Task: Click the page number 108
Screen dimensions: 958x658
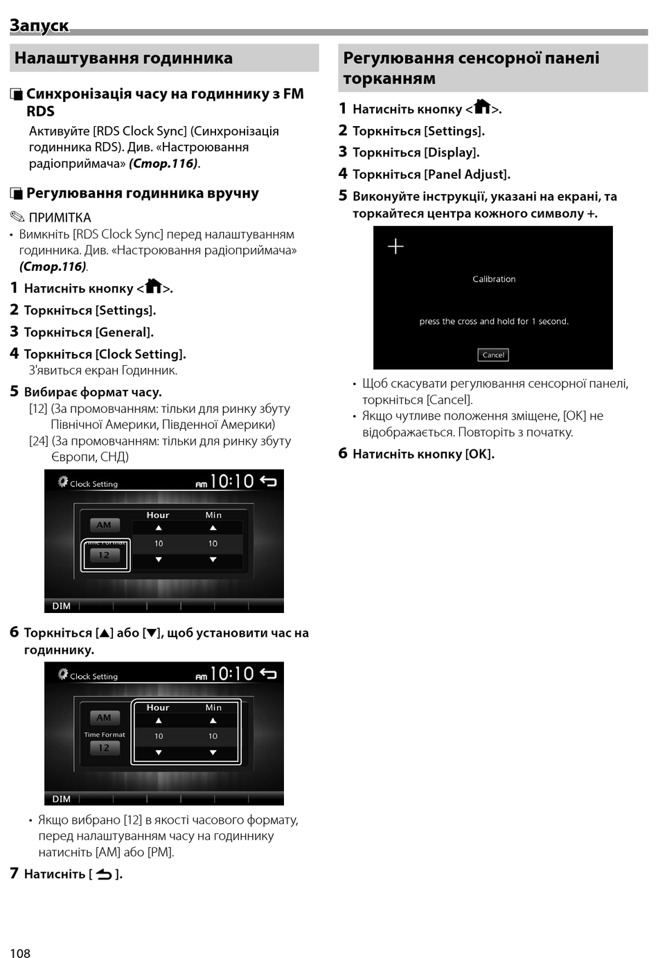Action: [x=20, y=953]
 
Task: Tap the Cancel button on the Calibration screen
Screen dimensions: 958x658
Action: [x=493, y=355]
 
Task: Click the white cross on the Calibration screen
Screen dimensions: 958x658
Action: [x=395, y=246]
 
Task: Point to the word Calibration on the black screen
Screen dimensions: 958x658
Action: [x=494, y=279]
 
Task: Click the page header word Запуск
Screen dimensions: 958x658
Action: [x=39, y=26]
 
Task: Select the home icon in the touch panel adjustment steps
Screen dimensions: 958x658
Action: [x=482, y=107]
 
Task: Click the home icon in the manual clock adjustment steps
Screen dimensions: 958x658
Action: [x=153, y=286]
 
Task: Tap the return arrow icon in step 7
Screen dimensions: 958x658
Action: [x=104, y=874]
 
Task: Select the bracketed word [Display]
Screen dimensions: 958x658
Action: [x=452, y=152]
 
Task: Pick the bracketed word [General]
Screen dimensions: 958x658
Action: [x=125, y=332]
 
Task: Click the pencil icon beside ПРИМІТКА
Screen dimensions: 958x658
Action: [x=17, y=217]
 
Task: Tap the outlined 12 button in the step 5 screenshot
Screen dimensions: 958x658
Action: [x=105, y=556]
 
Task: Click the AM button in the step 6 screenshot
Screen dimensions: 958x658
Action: [x=104, y=718]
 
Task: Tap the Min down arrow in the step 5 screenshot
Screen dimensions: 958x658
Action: [x=213, y=560]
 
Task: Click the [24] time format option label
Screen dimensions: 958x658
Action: [x=38, y=441]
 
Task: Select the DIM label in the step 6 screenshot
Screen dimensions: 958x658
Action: [x=62, y=799]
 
